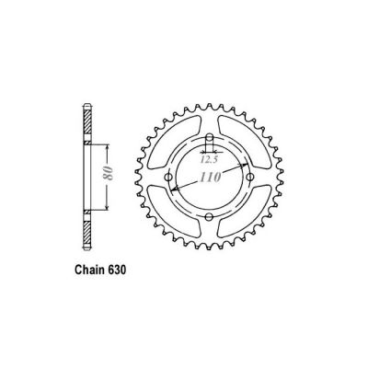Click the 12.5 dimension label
coord(210,157)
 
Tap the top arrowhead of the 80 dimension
coord(108,144)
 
